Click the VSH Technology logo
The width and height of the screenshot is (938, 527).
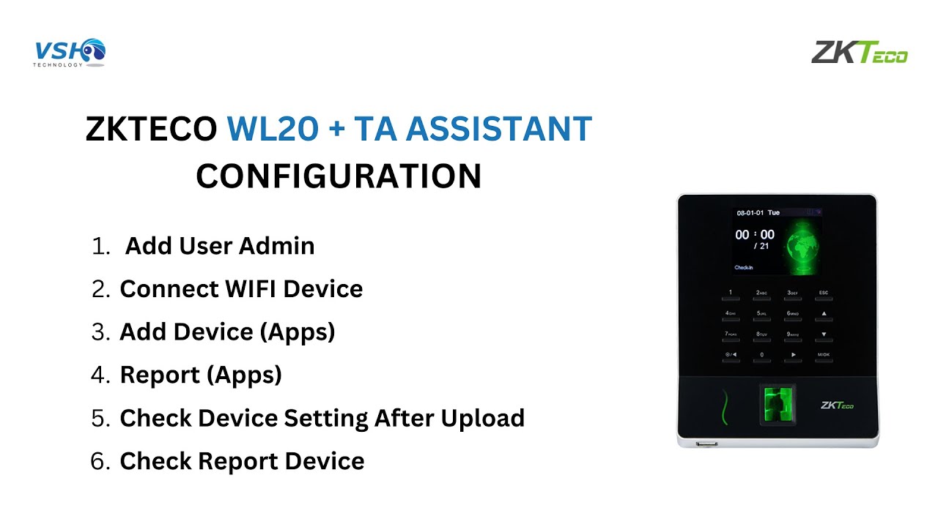(70, 53)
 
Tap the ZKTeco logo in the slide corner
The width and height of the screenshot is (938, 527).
(859, 53)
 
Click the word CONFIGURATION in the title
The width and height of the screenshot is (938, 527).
(339, 176)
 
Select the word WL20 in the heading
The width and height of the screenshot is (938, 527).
(272, 130)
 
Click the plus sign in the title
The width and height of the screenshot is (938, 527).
(336, 130)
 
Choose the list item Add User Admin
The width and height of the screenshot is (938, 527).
(220, 246)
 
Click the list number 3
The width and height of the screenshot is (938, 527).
(100, 332)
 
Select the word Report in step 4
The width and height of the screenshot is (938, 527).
(159, 375)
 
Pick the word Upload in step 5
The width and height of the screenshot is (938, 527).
(482, 418)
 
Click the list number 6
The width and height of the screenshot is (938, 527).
(100, 461)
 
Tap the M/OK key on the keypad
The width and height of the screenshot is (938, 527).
(823, 355)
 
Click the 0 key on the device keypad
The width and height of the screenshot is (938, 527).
(761, 355)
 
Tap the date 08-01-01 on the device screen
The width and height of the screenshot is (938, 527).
(750, 213)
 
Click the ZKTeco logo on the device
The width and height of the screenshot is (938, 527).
(837, 405)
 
